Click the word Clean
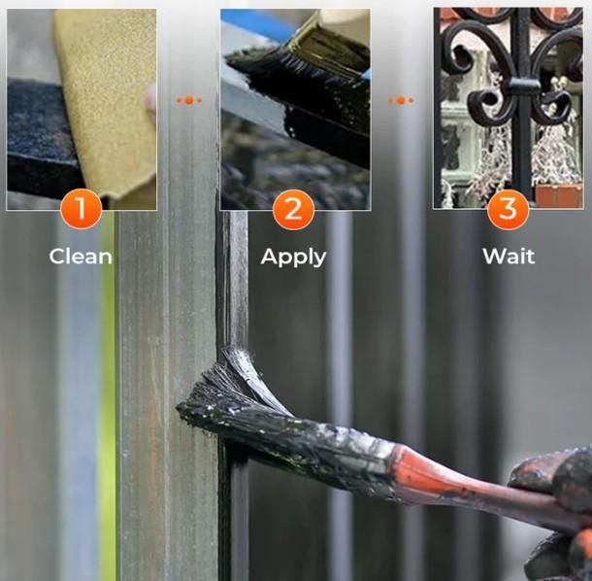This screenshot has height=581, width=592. [x=81, y=256]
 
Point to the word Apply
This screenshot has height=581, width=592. [x=293, y=257]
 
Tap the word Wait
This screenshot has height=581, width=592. [x=509, y=256]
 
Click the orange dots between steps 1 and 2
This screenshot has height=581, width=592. [x=189, y=100]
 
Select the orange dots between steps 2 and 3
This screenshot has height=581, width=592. [x=401, y=100]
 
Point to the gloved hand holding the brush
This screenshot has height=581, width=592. [x=555, y=514]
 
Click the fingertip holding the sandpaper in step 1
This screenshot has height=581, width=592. [x=151, y=99]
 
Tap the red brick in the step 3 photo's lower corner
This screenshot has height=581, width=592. [x=558, y=196]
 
